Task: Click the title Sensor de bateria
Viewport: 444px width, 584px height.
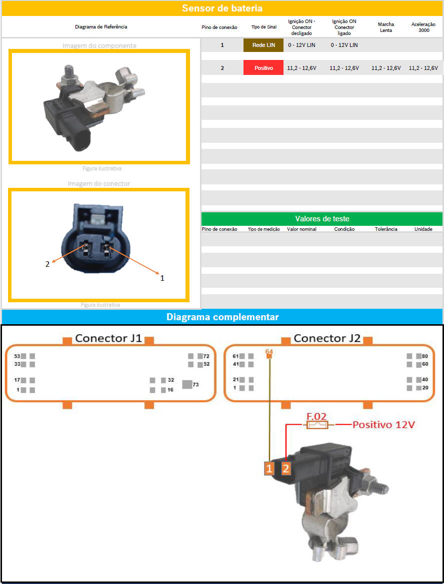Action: (x=222, y=8)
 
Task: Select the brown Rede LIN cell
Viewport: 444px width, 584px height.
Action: (x=263, y=45)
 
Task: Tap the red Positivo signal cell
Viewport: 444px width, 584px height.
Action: (x=263, y=68)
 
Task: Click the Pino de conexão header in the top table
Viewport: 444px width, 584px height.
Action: (x=219, y=27)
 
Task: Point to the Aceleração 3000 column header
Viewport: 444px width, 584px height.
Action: (x=423, y=27)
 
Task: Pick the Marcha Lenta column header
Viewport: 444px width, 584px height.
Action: (x=386, y=27)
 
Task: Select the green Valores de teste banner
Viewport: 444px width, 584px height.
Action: (x=321, y=219)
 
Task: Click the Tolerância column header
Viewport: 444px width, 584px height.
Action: (x=386, y=229)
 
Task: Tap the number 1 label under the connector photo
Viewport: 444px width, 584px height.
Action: (x=162, y=278)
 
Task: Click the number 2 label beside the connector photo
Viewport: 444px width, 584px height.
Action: (x=47, y=264)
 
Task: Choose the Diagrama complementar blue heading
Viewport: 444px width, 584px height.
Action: (x=222, y=317)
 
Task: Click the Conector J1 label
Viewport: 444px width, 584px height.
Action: (x=108, y=338)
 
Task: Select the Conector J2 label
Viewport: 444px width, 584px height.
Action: (x=327, y=338)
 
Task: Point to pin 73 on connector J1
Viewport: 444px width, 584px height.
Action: (x=187, y=384)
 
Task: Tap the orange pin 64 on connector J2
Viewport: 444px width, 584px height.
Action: (x=269, y=356)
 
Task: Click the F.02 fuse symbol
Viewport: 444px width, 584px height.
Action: (x=317, y=425)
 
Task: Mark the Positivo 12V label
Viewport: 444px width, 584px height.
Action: (x=383, y=425)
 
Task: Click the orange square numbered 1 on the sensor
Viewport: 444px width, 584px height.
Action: (x=269, y=468)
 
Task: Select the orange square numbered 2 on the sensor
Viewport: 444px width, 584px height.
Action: (x=285, y=468)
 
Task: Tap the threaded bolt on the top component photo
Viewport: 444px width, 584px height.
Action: (x=68, y=72)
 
